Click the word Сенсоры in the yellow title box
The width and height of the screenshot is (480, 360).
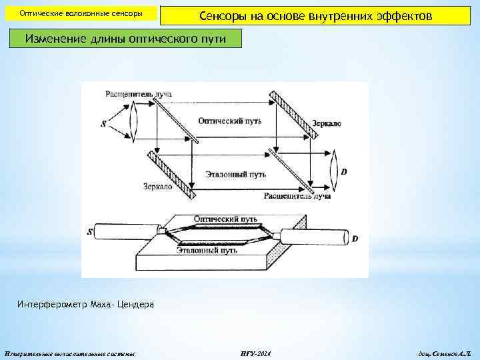coord(223,15)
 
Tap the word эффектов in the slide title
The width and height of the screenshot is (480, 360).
coord(397,15)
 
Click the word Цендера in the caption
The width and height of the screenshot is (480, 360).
coord(136,305)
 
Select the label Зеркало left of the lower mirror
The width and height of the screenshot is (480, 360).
coord(157,187)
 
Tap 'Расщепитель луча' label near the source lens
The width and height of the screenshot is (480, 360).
coord(139,94)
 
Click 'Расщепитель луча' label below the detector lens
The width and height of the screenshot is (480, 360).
coord(297,196)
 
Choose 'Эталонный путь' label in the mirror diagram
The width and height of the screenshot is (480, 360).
coord(235,175)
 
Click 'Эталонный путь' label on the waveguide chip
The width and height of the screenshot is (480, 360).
coord(207,251)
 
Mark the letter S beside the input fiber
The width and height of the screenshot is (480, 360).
coord(90,232)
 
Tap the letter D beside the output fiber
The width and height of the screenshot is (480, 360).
coord(355,238)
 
